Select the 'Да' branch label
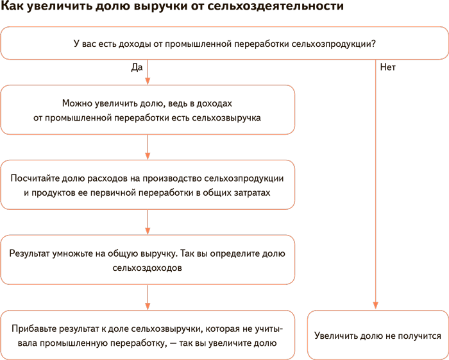(x=136, y=67)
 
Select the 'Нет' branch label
(x=387, y=67)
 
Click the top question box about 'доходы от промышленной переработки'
(x=224, y=44)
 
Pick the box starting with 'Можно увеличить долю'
(x=148, y=110)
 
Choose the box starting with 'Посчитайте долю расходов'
(x=148, y=185)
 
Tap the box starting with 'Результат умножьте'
(x=148, y=260)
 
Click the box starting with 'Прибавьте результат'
(x=148, y=335)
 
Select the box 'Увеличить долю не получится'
(x=378, y=335)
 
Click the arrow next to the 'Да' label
(x=148, y=73)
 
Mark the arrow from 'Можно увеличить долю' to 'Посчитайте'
(x=148, y=147)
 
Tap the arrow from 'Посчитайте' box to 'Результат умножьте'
(x=148, y=222)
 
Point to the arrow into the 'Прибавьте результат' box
(x=148, y=297)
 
